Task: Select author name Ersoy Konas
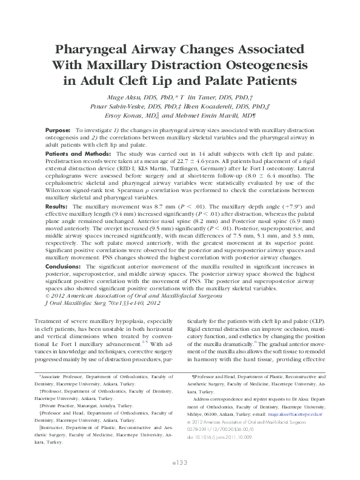click(x=126, y=113)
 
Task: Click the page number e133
click(x=179, y=462)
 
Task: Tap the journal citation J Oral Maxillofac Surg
click(x=81, y=302)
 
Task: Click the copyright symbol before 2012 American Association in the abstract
click(x=48, y=296)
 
